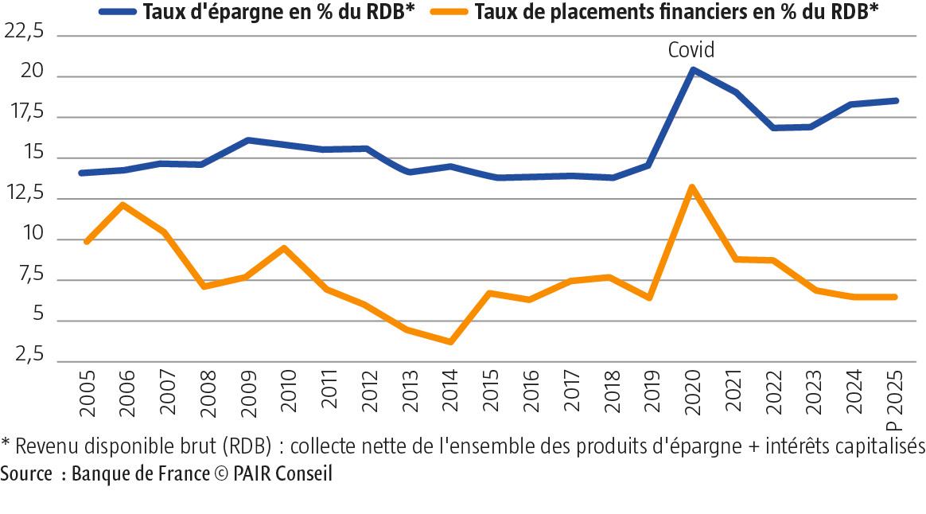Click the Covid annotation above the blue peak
click(691, 50)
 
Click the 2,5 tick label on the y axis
click(28, 360)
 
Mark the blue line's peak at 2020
click(692, 70)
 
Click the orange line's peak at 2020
click(692, 188)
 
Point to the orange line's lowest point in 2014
click(450, 341)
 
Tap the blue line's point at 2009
click(247, 140)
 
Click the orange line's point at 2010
click(284, 248)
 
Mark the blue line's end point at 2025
click(896, 100)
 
